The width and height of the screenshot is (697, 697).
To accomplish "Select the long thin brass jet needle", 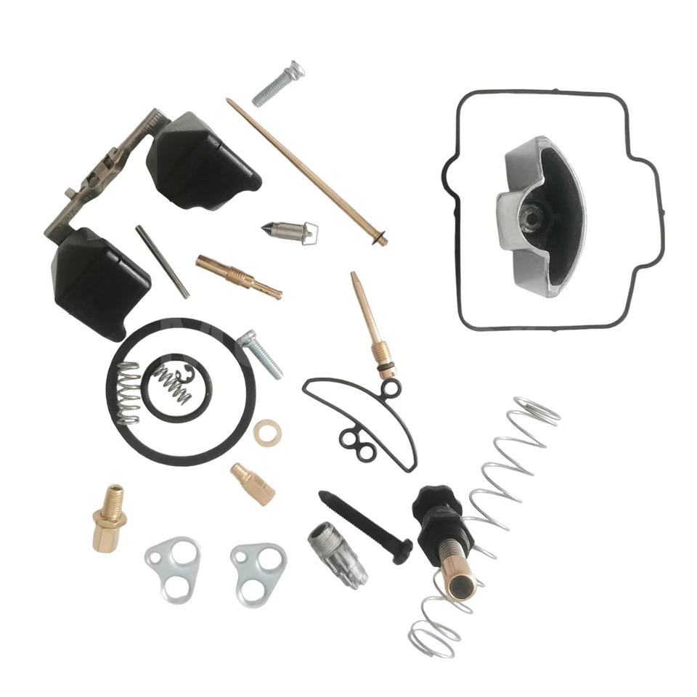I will (x=305, y=171).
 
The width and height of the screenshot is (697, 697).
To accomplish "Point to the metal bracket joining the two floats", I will (x=109, y=174).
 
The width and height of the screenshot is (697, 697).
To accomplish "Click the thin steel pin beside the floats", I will (x=162, y=261).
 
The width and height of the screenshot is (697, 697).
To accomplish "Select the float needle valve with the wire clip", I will (x=288, y=231).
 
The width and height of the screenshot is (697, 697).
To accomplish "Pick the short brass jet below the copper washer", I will (x=253, y=484).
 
